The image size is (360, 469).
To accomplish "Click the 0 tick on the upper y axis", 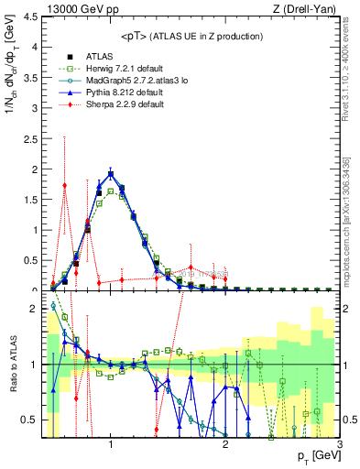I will (x=33, y=289).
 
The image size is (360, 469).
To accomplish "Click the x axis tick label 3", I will (x=340, y=445).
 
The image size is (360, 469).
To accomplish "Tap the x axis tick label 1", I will (x=111, y=445).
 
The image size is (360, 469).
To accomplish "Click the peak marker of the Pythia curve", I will (x=111, y=173).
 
